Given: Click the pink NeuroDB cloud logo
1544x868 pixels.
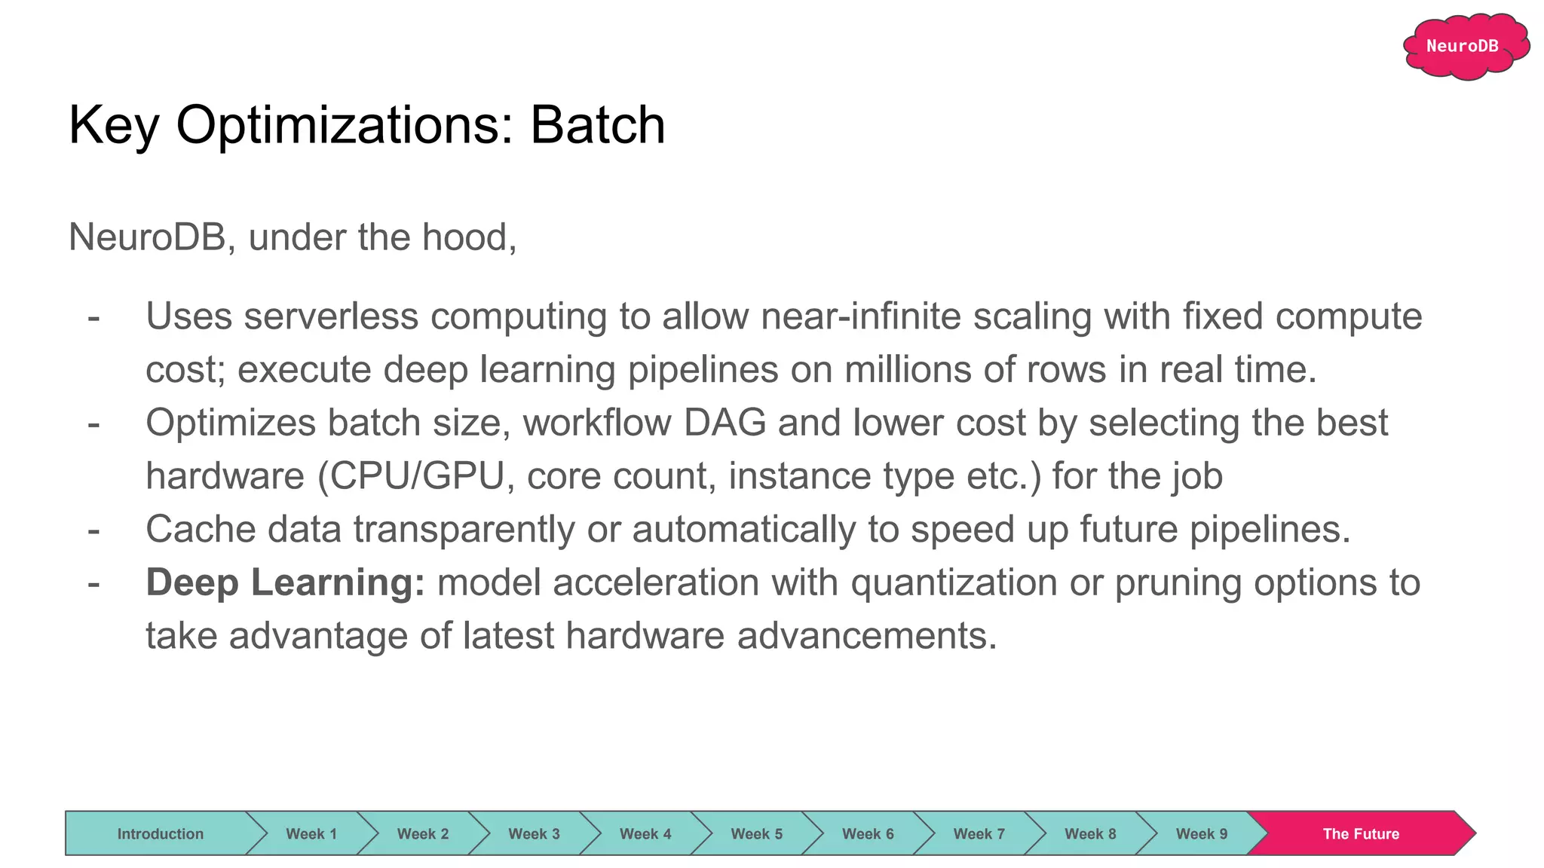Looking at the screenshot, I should [x=1465, y=46].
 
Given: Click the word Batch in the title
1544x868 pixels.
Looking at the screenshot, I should [x=598, y=125].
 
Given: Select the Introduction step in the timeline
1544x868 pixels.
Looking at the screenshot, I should [x=160, y=833].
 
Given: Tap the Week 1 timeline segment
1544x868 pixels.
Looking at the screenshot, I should [x=311, y=833].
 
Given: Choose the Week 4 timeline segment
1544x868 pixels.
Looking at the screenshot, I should [x=645, y=833].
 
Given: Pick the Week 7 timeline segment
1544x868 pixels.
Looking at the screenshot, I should [x=979, y=833].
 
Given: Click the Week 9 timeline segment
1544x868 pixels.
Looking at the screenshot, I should [x=1201, y=833].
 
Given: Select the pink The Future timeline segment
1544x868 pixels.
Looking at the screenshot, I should [x=1360, y=833].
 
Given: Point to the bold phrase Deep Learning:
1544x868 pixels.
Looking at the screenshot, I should [x=286, y=582].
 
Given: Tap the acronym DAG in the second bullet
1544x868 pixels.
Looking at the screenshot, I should [x=725, y=423].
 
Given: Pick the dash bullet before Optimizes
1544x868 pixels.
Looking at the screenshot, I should [x=93, y=423].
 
